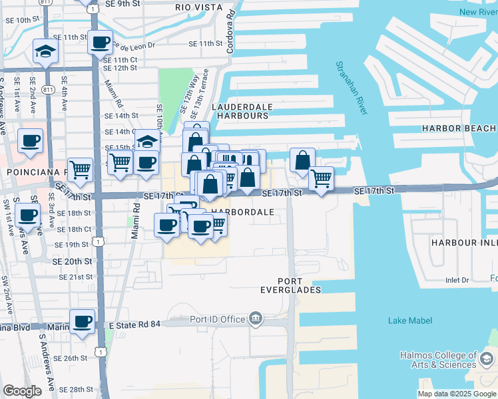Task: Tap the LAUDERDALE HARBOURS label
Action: coord(240,111)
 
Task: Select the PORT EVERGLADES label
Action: coord(290,285)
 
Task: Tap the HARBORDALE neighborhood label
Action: coord(242,212)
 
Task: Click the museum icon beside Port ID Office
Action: coord(256,319)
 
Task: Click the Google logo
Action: coord(22,391)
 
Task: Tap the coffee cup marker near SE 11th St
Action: coord(101,43)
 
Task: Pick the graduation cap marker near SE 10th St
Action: coord(46,51)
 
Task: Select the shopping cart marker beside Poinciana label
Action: coord(81,169)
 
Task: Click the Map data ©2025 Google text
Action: coord(456,394)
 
